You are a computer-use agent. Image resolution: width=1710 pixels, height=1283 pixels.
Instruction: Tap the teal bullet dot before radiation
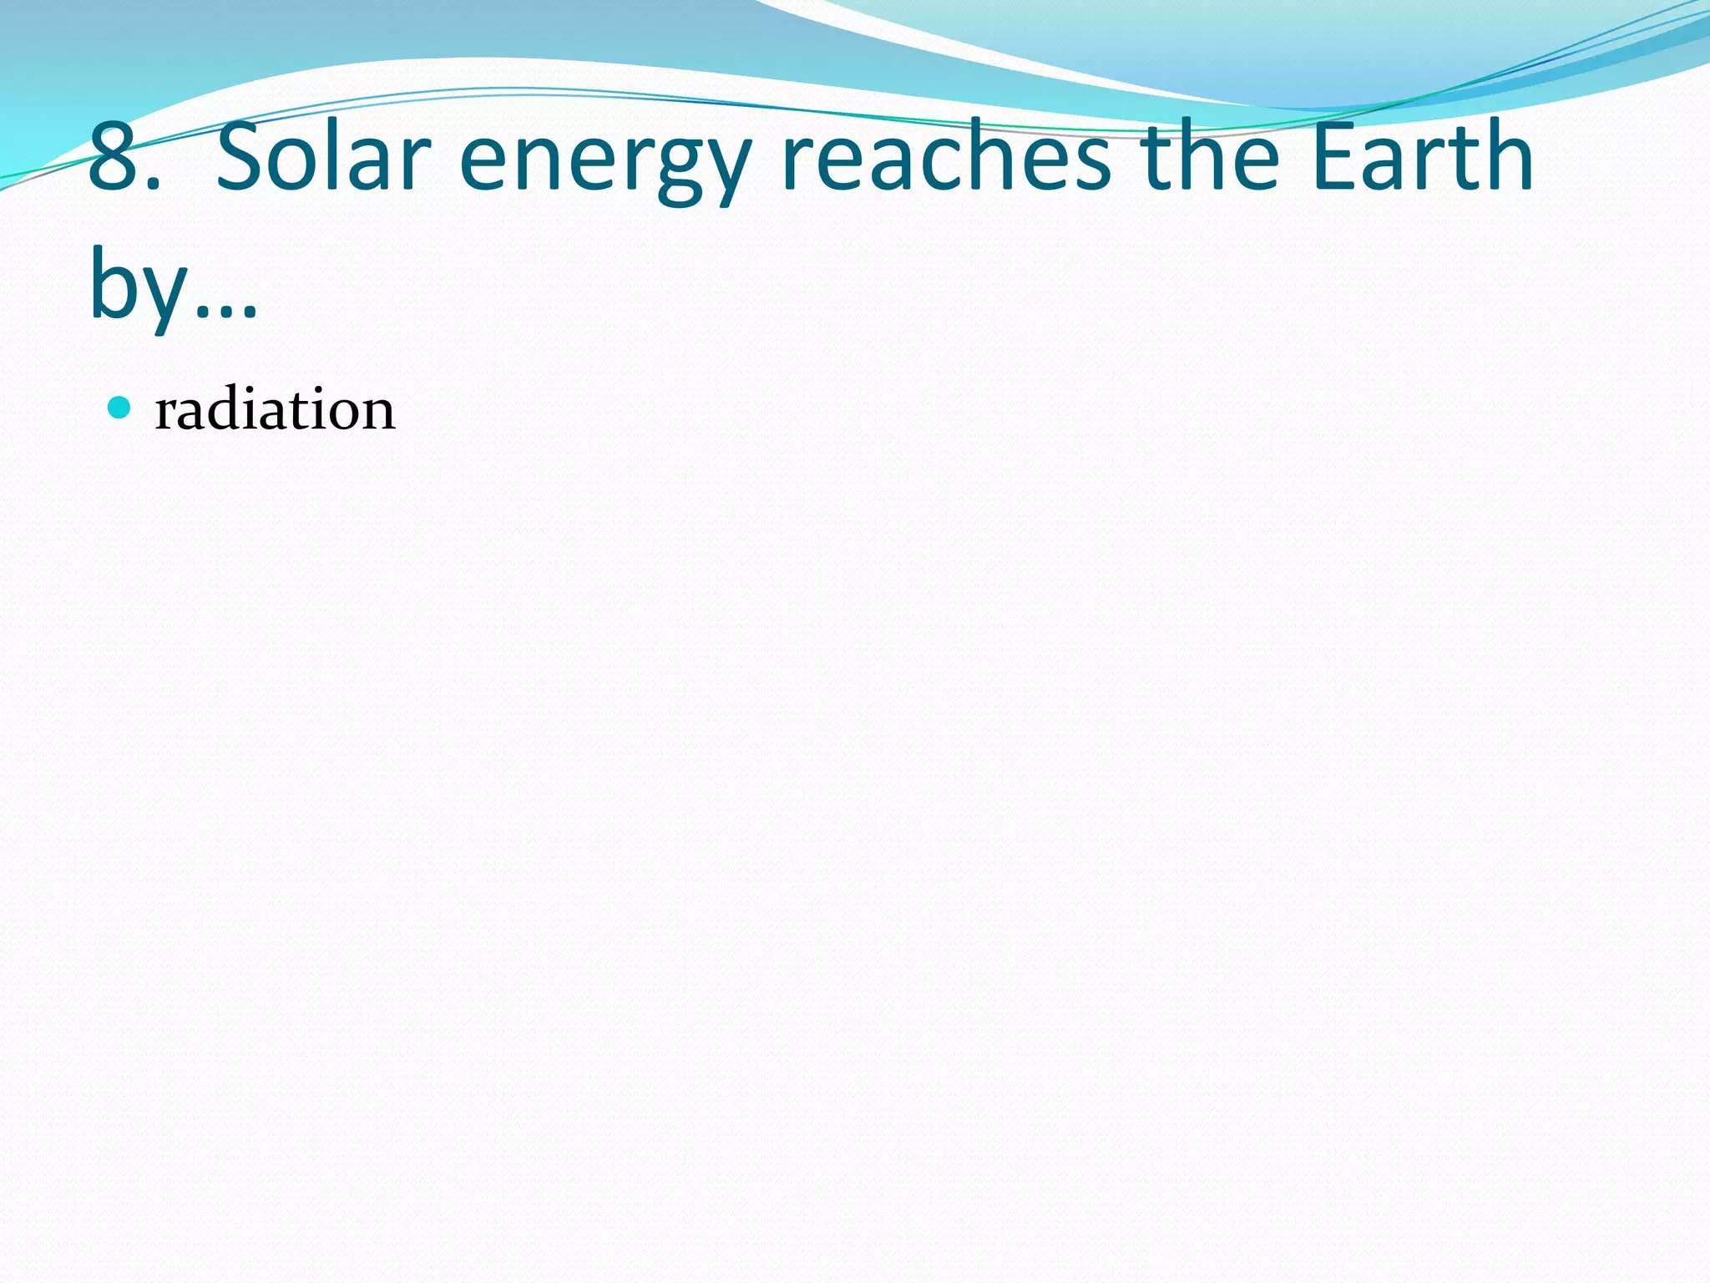(x=120, y=408)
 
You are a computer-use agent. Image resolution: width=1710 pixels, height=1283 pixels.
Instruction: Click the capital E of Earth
(x=1334, y=157)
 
